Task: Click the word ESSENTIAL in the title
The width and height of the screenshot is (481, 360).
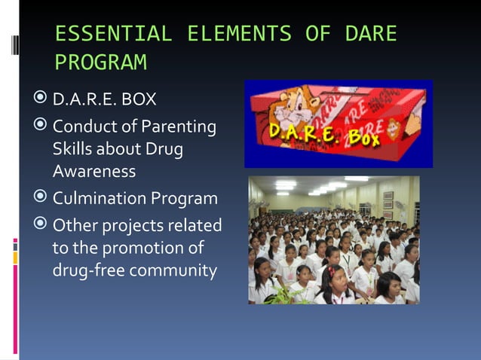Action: [x=114, y=33]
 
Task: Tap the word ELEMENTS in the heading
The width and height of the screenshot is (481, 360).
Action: [x=239, y=33]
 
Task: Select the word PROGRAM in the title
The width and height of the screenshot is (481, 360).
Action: [x=101, y=62]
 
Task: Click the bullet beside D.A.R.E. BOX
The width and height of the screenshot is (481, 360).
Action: [x=40, y=97]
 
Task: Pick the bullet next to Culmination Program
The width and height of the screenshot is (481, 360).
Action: [x=40, y=196]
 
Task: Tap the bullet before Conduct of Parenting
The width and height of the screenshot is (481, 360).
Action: [x=40, y=124]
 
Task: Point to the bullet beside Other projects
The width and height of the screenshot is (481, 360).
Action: [x=40, y=223]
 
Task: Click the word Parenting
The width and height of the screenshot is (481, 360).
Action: [x=179, y=127]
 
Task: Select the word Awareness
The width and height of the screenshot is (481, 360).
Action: [x=94, y=171]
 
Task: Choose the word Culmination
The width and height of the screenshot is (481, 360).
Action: [x=100, y=198]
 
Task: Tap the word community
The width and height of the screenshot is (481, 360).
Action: [x=173, y=271]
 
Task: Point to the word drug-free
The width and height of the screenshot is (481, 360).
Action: [x=89, y=270]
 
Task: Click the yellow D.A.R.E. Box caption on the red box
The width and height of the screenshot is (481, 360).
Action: [x=324, y=134]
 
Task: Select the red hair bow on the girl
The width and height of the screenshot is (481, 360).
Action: [x=332, y=271]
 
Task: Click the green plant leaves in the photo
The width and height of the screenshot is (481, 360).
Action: [x=283, y=295]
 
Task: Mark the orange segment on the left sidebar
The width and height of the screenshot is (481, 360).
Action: [x=15, y=258]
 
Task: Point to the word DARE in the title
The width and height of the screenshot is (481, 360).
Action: [x=371, y=33]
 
